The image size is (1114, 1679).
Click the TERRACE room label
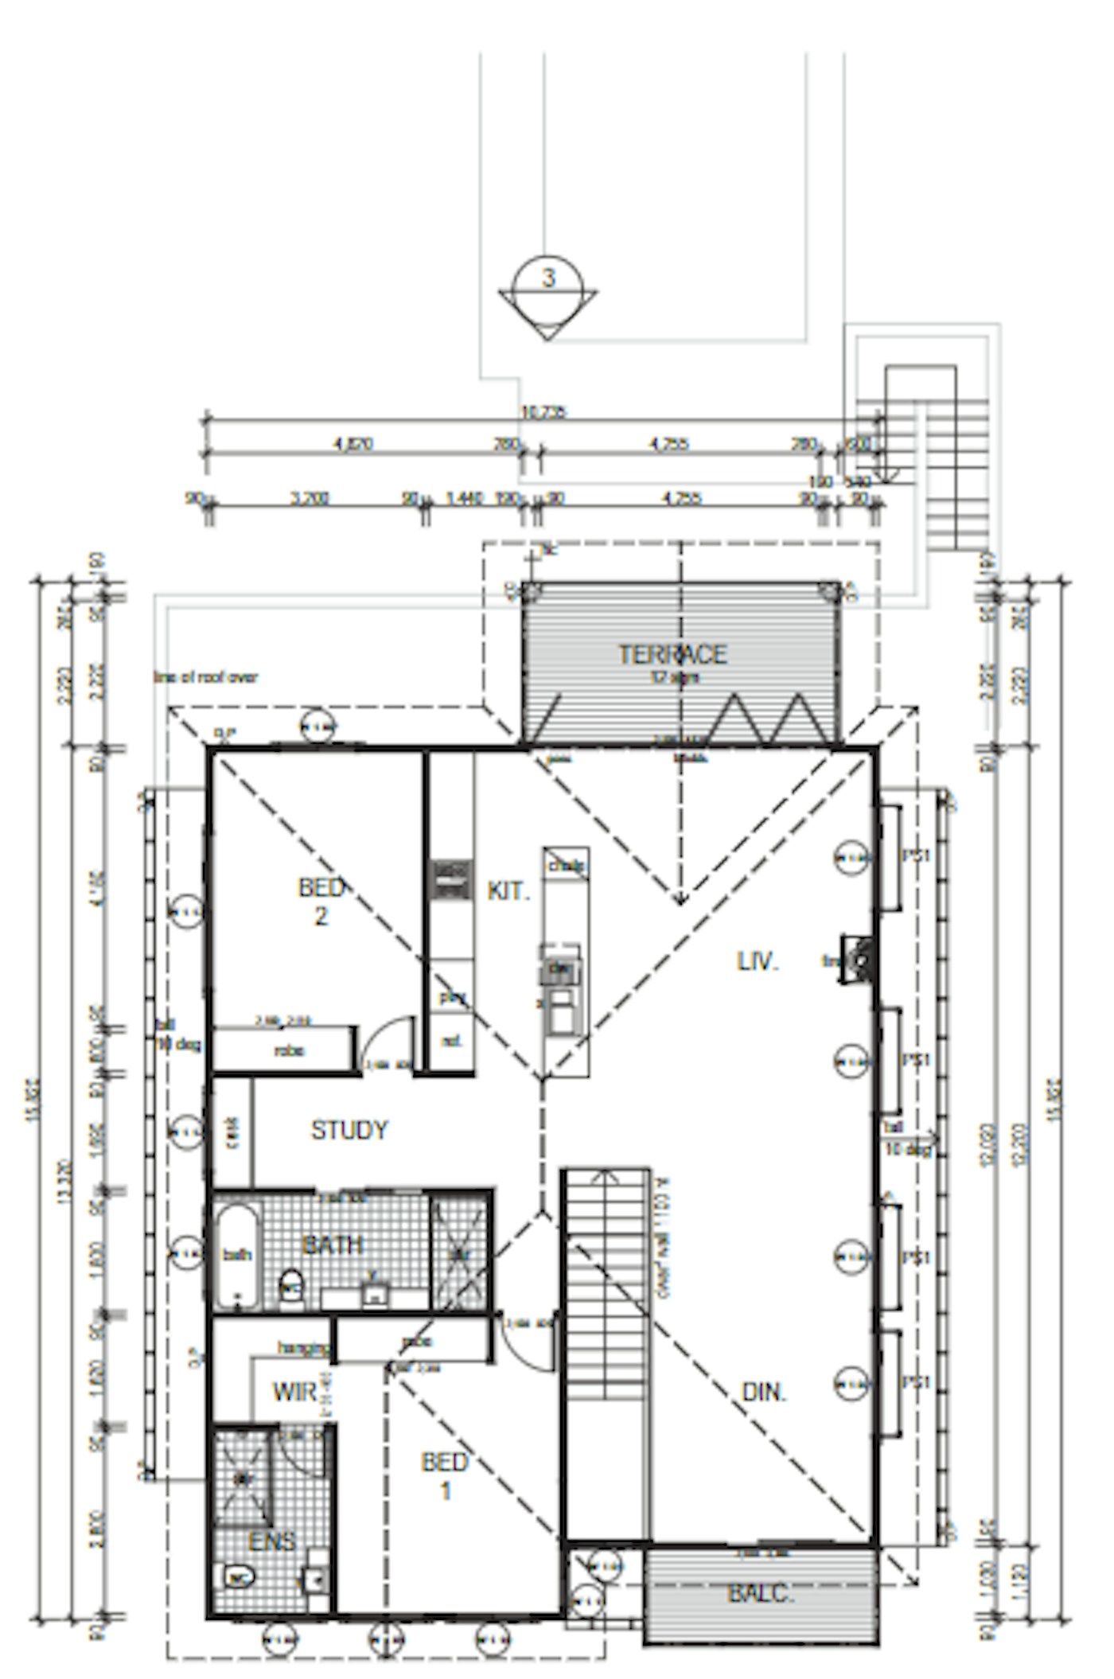[672, 654]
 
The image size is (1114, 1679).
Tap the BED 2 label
[321, 902]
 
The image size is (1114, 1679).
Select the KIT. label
[508, 891]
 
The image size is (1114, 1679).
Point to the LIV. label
[757, 961]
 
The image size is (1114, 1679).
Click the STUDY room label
[349, 1130]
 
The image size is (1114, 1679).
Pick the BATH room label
[333, 1244]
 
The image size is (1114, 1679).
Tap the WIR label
[295, 1392]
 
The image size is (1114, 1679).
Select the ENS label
[271, 1541]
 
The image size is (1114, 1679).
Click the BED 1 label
[445, 1475]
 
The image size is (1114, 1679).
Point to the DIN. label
[764, 1392]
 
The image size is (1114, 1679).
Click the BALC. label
[760, 1593]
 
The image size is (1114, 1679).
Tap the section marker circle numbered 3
[548, 279]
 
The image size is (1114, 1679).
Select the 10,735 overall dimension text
[543, 412]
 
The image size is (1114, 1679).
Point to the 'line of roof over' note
[205, 677]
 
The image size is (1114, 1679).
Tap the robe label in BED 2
[288, 1050]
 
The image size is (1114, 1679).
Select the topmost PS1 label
[916, 856]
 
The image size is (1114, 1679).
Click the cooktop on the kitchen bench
[451, 878]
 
